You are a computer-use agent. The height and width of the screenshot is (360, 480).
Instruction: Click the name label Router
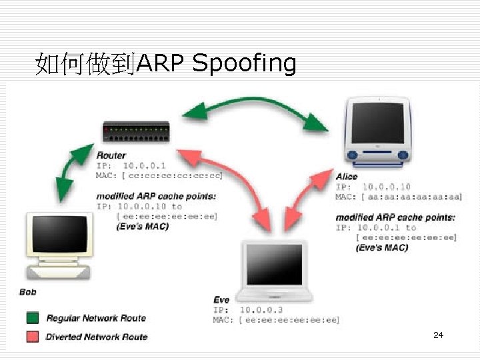(x=111, y=155)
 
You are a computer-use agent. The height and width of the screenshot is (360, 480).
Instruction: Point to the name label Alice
(x=347, y=177)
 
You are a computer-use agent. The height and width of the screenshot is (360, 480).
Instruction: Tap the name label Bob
(x=28, y=292)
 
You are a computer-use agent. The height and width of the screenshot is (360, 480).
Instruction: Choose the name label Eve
(x=221, y=300)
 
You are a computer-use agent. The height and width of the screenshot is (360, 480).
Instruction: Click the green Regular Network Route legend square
(x=33, y=318)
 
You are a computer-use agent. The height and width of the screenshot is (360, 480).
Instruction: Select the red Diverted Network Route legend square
(x=33, y=337)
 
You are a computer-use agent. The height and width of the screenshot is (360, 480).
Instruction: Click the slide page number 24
(x=438, y=335)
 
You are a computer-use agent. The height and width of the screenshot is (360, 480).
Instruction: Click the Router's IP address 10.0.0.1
(x=145, y=165)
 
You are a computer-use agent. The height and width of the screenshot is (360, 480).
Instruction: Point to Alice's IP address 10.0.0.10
(x=386, y=187)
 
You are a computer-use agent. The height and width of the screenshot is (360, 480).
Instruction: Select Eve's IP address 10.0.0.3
(x=261, y=310)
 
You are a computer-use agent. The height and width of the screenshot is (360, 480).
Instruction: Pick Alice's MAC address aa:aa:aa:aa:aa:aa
(x=411, y=197)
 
